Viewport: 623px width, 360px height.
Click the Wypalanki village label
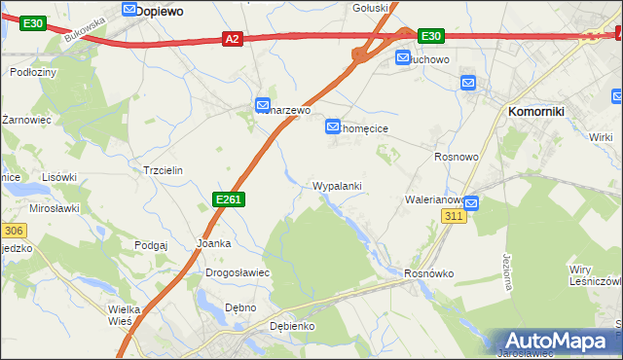point(338,186)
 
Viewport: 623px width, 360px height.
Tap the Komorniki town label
point(536,112)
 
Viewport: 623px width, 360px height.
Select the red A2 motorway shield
point(232,39)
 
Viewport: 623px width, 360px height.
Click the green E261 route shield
point(228,199)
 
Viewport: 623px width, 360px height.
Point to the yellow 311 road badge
point(453,215)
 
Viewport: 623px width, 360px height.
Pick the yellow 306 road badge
point(13,231)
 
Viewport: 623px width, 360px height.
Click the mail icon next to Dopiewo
point(130,9)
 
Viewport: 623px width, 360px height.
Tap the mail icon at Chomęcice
point(333,126)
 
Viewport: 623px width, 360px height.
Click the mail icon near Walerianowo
point(471,203)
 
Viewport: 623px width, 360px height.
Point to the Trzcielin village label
point(163,169)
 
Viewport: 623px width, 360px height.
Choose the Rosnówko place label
point(429,274)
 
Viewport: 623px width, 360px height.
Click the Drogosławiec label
point(237,273)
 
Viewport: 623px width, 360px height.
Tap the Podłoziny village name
point(33,72)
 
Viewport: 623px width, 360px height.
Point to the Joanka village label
point(213,243)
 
